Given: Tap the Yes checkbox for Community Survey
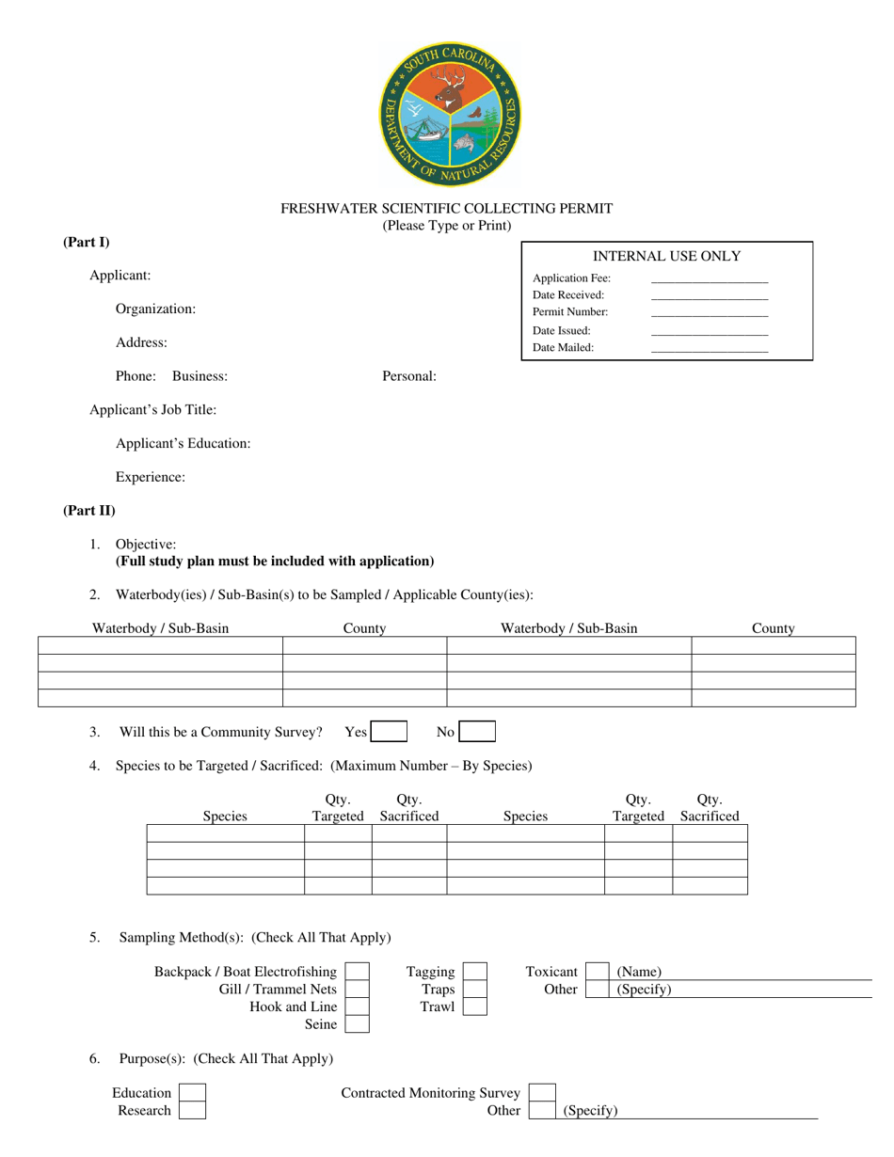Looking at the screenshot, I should point(389,732).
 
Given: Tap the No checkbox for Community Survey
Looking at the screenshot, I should point(477,732).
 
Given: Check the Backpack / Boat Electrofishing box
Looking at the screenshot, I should point(358,972).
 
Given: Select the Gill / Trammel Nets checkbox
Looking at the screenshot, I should point(358,990).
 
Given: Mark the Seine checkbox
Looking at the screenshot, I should point(358,1024).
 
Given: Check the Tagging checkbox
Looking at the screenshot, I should point(475,972).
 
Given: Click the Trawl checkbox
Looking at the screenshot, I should point(475,1006).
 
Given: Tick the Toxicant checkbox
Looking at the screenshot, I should point(598,972).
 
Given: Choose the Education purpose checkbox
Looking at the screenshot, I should point(192,1093).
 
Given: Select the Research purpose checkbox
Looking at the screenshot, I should point(192,1111).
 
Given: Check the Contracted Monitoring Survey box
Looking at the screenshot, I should point(542,1093).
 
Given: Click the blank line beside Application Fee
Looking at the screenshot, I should point(709,279).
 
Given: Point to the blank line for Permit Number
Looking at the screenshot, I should point(709,312).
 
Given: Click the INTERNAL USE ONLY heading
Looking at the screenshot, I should point(666,256).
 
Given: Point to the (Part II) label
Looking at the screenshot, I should point(89,511).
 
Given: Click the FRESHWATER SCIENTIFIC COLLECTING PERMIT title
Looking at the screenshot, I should point(447,209).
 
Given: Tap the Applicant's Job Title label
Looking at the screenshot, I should point(152,410).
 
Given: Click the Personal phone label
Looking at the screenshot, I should point(408,376).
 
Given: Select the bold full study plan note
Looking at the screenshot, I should point(275,562).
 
